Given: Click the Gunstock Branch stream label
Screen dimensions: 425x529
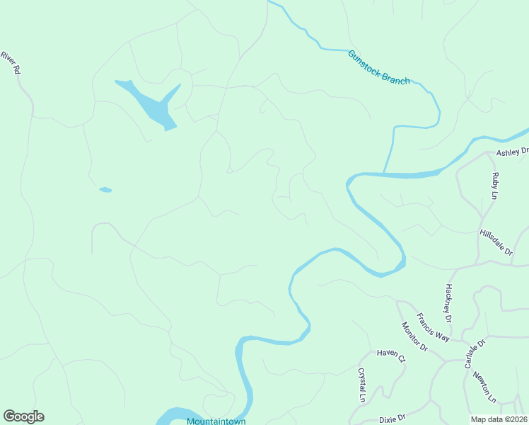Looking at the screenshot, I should pos(378,67).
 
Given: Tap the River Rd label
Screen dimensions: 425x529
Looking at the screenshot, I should pos(10,63).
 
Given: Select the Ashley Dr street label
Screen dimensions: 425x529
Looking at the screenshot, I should pos(512,152).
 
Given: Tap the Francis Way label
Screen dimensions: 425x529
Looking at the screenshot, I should pos(433,327).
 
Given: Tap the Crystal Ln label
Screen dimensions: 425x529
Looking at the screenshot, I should pos(361,385).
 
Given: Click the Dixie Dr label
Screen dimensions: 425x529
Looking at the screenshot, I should pos(391,418).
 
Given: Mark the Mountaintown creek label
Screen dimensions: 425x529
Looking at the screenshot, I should pos(216,421).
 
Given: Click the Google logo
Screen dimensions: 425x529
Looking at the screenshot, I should pos(23,416).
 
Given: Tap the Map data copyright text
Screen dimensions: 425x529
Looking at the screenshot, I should pos(499,419).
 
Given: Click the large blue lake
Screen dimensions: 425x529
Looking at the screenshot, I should pos(152,105).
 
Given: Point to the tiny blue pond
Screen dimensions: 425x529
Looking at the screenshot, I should pos(105,189).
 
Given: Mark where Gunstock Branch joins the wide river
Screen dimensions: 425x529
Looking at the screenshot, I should pos(384,173).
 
